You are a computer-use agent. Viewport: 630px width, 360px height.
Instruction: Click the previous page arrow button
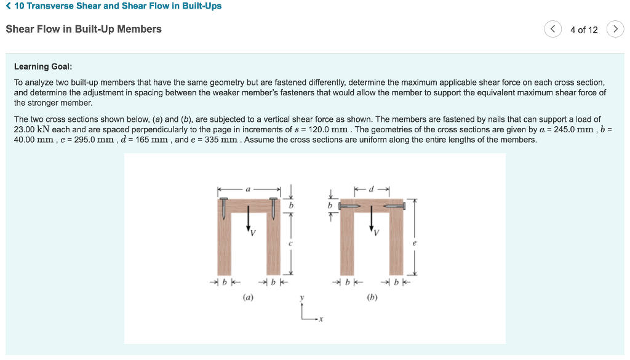553,30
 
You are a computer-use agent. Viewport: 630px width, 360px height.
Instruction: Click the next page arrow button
615,30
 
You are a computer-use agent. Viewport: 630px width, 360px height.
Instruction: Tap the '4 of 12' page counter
584,30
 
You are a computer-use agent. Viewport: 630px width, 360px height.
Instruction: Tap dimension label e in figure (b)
414,244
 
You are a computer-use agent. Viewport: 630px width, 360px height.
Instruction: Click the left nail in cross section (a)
223,207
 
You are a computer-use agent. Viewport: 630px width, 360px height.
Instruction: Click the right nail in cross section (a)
273,207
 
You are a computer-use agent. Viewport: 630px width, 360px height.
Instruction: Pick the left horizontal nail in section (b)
352,207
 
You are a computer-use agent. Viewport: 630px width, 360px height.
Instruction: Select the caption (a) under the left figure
248,297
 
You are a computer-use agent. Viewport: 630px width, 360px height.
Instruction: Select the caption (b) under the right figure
372,297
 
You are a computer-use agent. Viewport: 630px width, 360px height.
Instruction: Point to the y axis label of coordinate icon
302,298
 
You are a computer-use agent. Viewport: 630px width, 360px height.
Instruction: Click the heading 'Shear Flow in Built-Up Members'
84,29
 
